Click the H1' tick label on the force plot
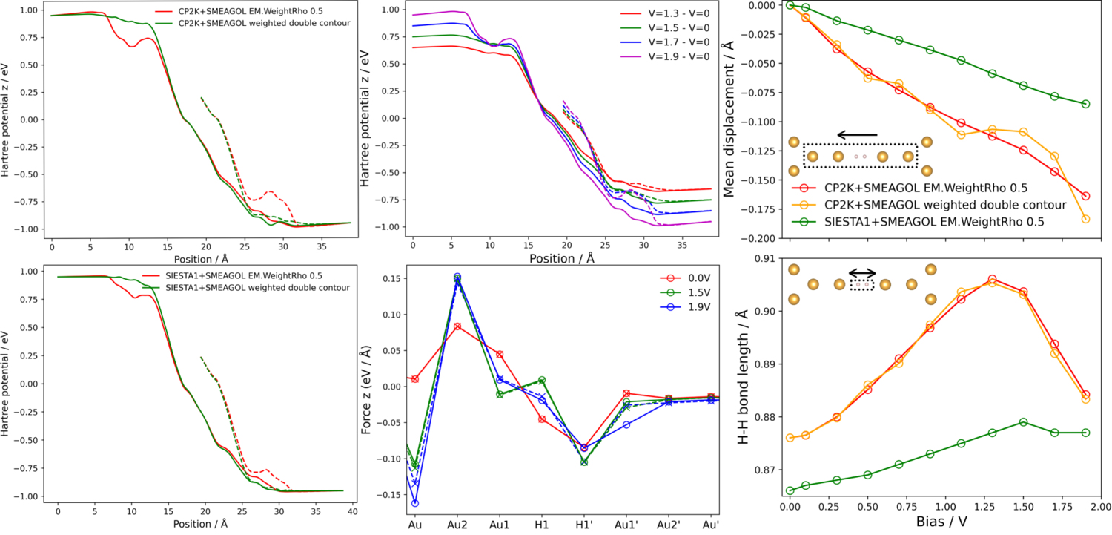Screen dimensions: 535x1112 click(584, 525)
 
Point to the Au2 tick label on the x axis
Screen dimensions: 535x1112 click(457, 525)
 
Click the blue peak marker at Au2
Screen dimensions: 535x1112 click(457, 277)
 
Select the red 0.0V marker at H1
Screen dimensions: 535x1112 click(542, 419)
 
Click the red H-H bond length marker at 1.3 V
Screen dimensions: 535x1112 click(993, 279)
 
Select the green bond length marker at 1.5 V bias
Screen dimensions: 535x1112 click(1024, 422)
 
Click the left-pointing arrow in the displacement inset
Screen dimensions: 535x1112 click(856, 135)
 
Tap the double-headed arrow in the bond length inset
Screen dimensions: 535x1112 click(862, 272)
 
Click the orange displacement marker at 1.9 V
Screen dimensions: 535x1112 click(1086, 219)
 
